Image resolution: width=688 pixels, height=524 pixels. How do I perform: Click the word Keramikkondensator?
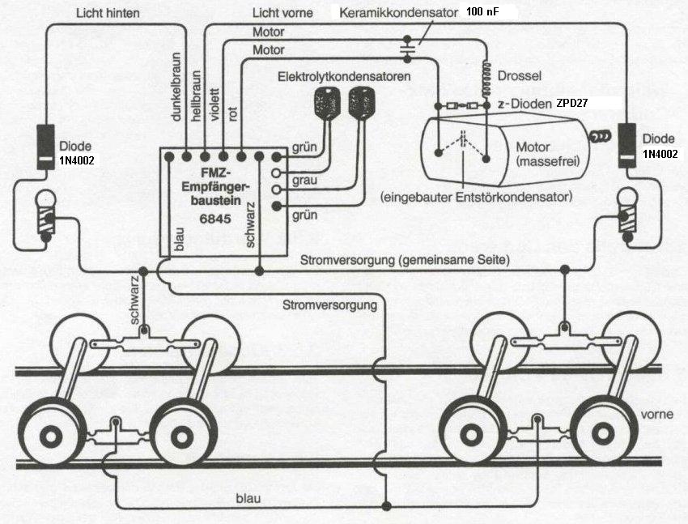[x=399, y=14]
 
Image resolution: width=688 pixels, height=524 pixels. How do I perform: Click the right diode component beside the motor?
[x=627, y=146]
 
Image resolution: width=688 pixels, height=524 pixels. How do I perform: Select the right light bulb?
[x=627, y=212]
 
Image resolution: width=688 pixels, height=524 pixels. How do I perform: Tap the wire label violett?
[x=214, y=103]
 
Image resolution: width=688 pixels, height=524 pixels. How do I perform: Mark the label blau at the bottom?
[x=248, y=497]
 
